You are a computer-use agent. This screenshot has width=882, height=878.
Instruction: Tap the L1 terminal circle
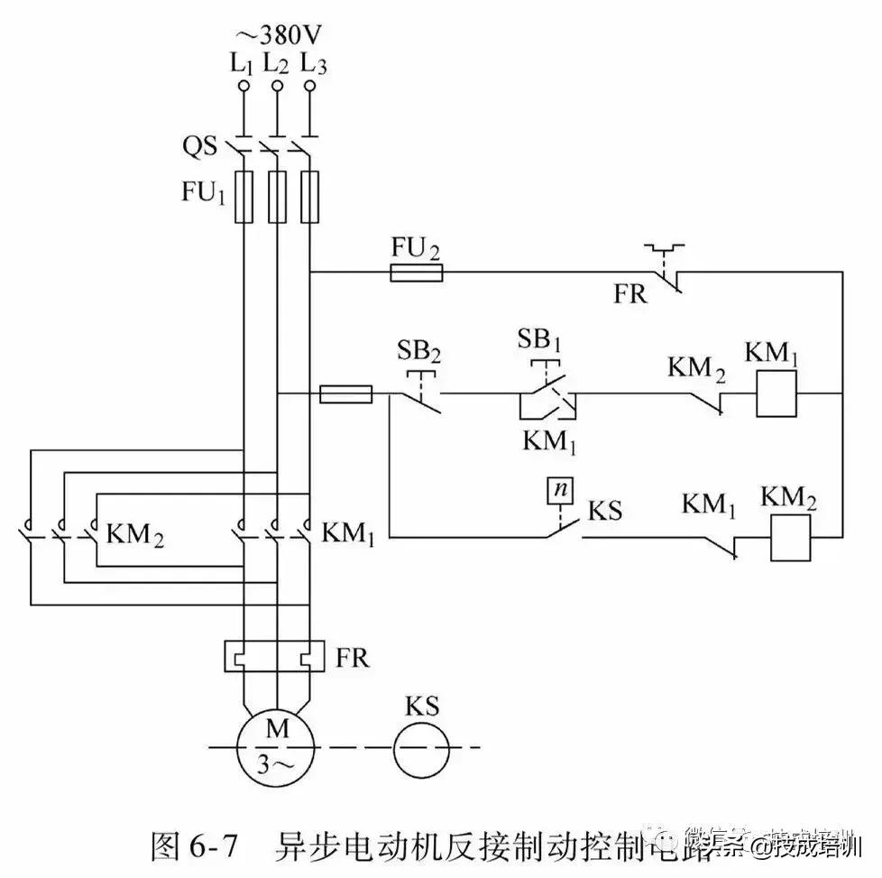click(243, 87)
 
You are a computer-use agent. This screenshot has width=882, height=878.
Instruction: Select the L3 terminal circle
click(310, 87)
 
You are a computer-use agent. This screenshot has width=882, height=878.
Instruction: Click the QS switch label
click(200, 146)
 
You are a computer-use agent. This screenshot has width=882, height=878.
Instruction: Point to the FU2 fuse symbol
click(416, 273)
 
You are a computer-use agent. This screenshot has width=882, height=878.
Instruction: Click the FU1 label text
click(205, 193)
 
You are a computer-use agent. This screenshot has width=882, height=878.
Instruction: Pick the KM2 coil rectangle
click(791, 539)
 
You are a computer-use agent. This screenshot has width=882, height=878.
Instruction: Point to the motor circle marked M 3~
click(276, 746)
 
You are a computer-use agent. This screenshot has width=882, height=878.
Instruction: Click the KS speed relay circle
click(421, 747)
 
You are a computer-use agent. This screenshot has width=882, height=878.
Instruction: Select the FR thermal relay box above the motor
click(274, 656)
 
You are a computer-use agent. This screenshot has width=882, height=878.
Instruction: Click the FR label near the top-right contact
click(630, 294)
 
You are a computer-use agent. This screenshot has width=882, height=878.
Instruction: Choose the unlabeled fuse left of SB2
click(346, 393)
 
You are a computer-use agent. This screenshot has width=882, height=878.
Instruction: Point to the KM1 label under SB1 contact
click(550, 442)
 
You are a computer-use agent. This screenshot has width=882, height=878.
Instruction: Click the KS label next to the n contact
click(605, 511)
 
